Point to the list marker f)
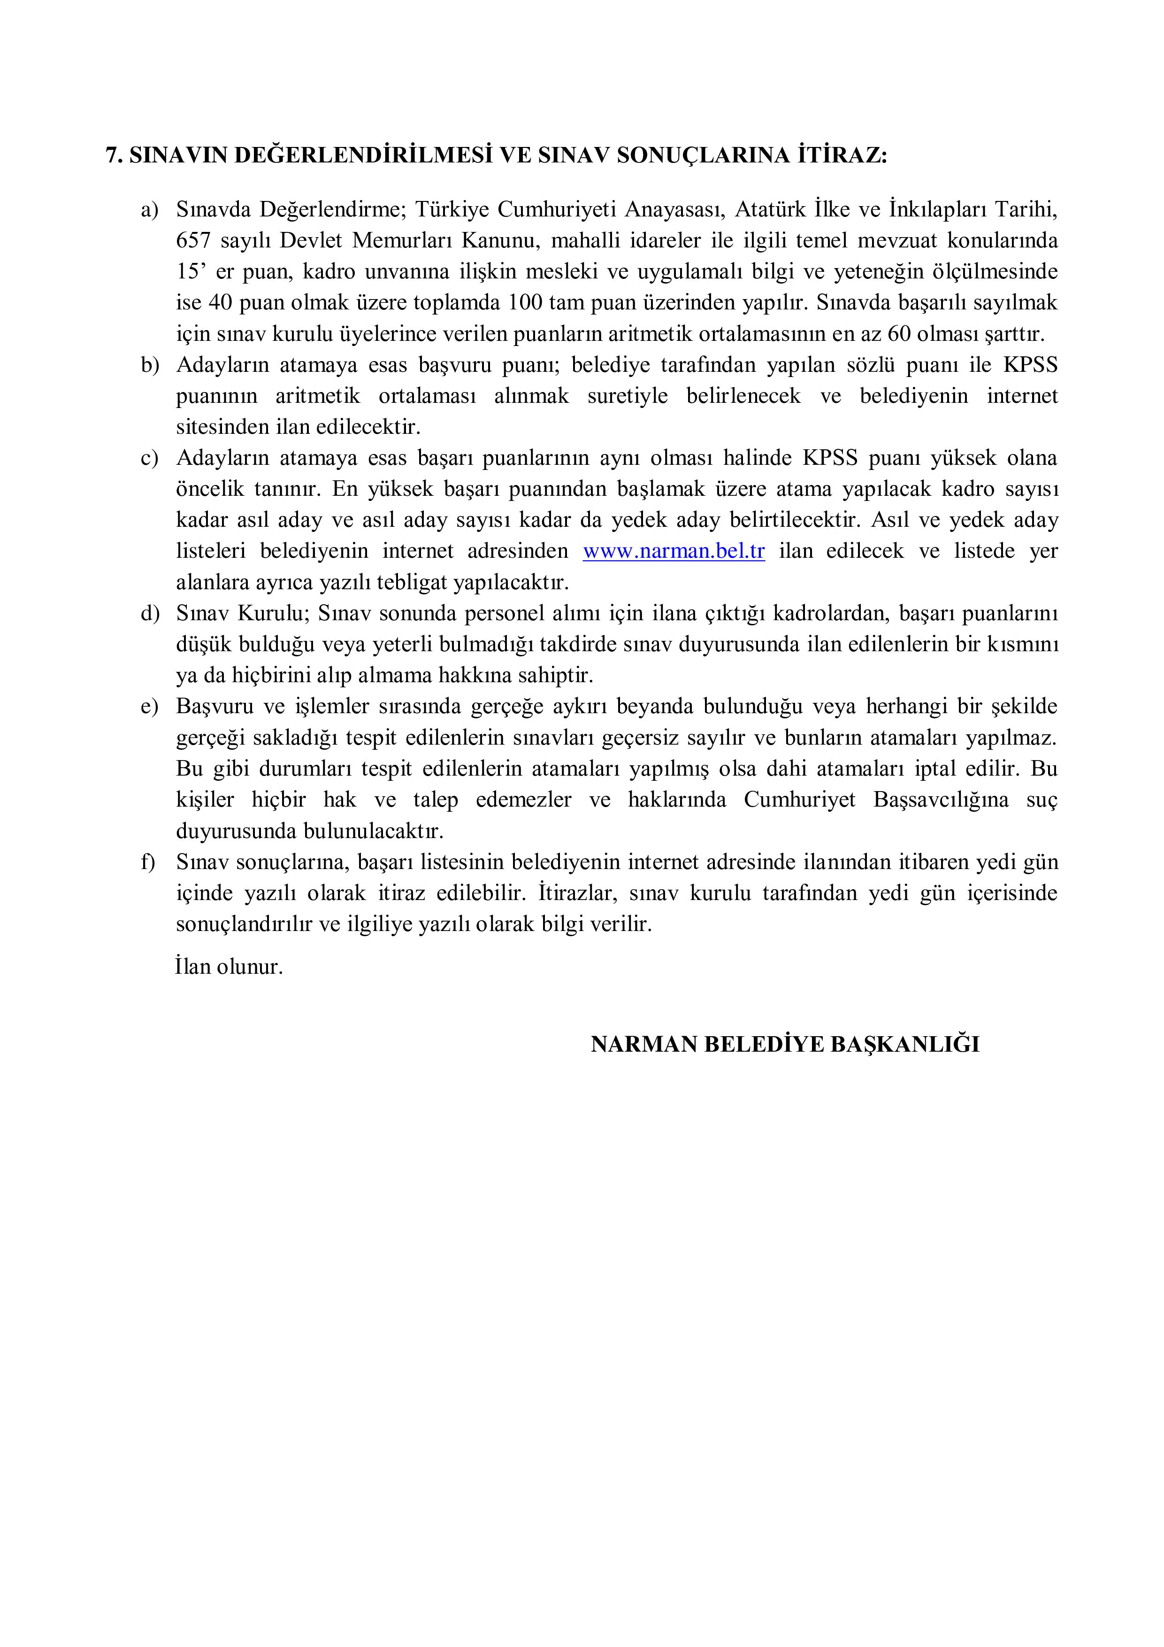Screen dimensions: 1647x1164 coord(148,862)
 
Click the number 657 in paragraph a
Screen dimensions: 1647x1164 coord(193,240)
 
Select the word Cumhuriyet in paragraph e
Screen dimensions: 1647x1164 coord(800,800)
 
